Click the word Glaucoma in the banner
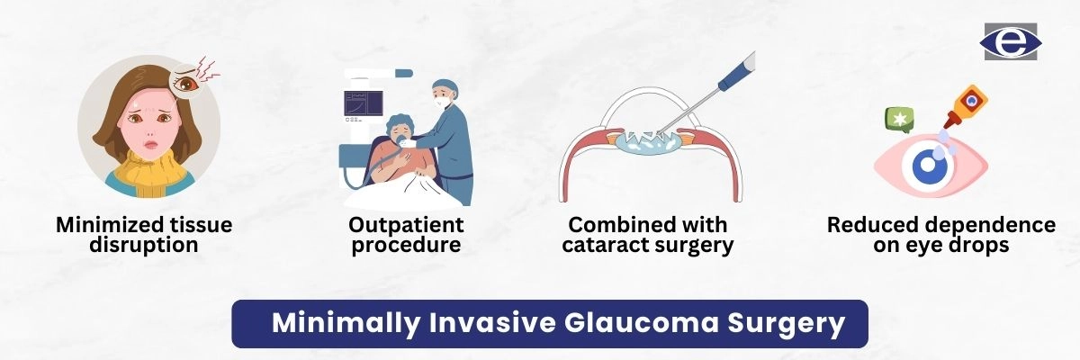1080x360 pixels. tap(641, 323)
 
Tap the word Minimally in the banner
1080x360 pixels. tap(346, 324)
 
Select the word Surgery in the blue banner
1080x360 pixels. tap(787, 324)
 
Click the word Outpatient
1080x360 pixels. tap(406, 225)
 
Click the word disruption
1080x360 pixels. tap(144, 246)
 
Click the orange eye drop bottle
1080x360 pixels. tap(967, 106)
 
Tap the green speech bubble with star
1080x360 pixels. tap(899, 120)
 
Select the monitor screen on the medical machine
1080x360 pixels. tap(364, 103)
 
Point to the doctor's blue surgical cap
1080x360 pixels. tap(445, 86)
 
